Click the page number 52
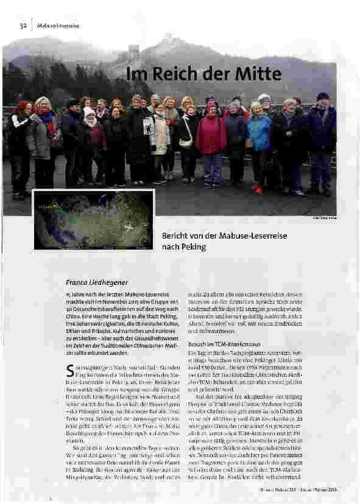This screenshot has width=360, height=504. tap(23, 25)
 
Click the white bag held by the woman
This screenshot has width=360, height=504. tap(186, 142)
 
